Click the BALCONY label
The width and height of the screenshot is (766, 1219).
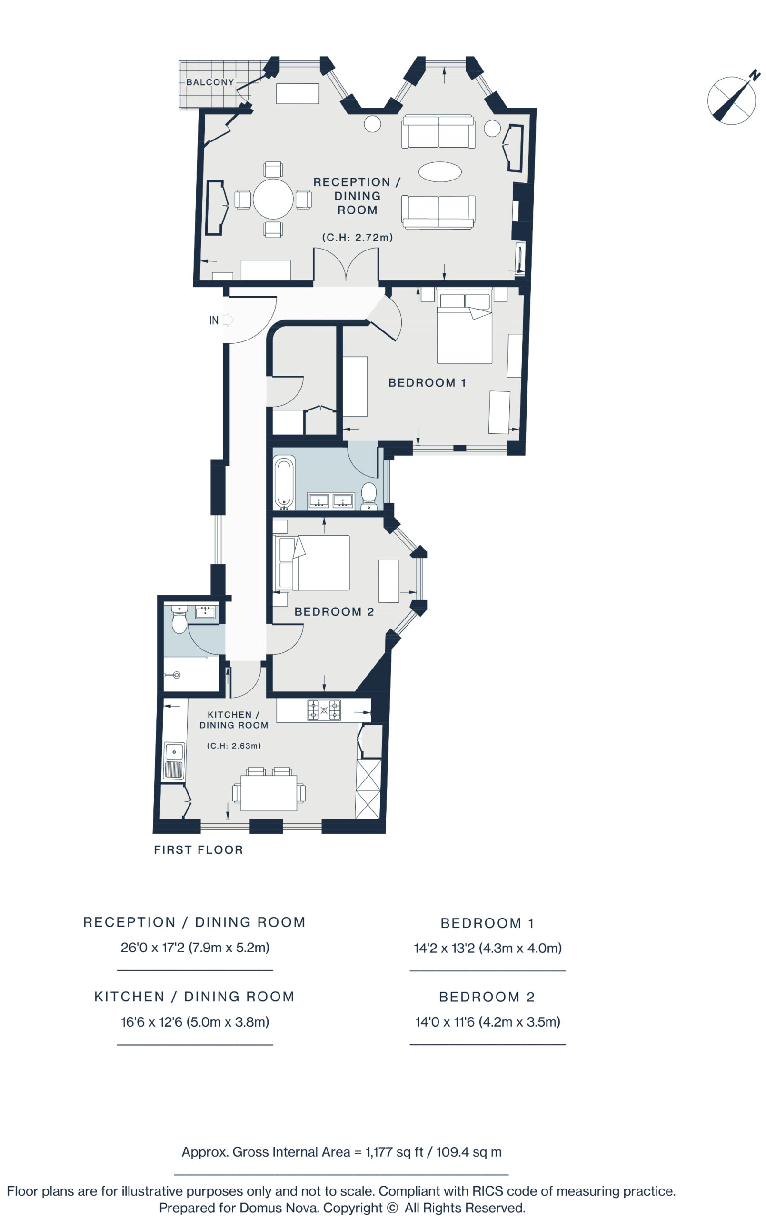coord(209,82)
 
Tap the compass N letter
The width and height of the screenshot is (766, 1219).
coord(755,75)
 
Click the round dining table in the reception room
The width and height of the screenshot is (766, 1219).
coord(273,199)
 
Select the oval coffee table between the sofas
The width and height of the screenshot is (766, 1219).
coord(439,171)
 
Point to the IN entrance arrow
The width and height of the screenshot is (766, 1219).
coord(228,320)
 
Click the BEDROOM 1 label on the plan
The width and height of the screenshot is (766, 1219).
coord(427,383)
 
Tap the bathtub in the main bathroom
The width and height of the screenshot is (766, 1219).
coord(284,482)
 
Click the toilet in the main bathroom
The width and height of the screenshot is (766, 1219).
coord(368,496)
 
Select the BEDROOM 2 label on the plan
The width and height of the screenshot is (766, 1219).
coord(334,611)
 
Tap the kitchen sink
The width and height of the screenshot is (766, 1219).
coord(174,761)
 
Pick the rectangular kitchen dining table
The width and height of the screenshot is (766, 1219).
coord(269,793)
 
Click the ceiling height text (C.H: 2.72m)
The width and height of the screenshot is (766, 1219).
coord(357,237)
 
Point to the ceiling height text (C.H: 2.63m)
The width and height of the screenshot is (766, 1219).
coord(233,746)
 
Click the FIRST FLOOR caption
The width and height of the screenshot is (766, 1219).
coord(199,850)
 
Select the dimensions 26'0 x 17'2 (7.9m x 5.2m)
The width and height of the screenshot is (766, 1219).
coord(195,948)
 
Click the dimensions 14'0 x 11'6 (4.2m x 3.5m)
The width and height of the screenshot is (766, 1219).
coord(487,1022)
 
